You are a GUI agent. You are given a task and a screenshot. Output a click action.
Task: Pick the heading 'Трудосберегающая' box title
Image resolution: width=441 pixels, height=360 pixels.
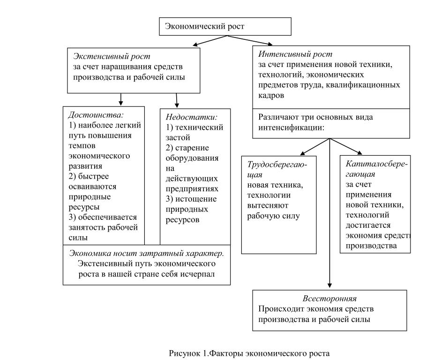[278, 170]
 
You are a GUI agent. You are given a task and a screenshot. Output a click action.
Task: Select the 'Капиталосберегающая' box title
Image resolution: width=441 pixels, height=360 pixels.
[376, 169]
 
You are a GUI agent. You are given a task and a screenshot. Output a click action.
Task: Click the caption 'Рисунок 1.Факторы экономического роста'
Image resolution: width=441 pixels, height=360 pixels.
[249, 353]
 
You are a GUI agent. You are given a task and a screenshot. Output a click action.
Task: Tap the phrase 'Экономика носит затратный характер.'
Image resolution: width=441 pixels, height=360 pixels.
[146, 253]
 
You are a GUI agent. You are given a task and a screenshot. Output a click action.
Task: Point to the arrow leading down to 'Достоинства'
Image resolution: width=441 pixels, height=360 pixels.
[121, 99]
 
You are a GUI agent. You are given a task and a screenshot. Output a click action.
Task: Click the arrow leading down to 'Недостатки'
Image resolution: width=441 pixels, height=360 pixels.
[177, 100]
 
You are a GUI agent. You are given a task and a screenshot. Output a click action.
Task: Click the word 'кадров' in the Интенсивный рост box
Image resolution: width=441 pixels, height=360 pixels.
[270, 95]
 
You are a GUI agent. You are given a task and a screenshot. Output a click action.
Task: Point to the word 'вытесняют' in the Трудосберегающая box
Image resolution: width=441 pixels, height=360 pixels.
[266, 205]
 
